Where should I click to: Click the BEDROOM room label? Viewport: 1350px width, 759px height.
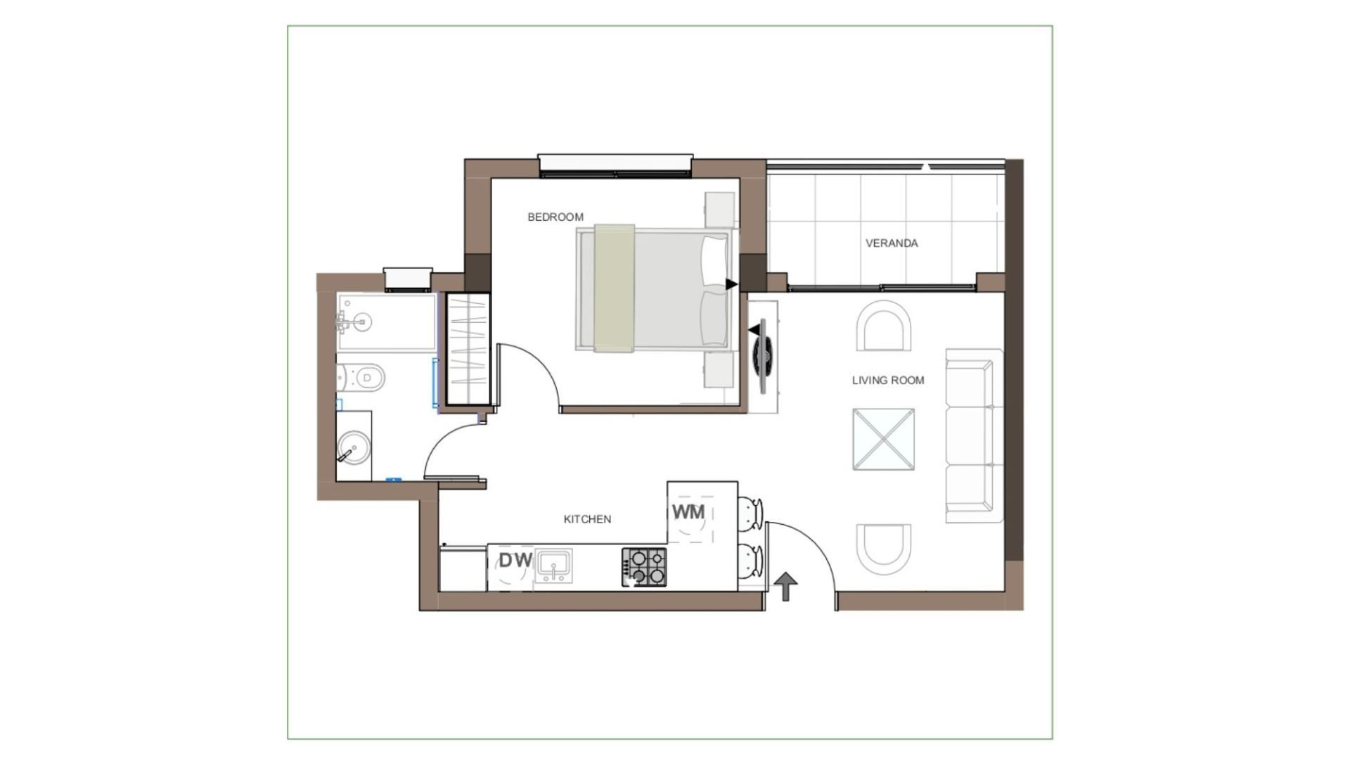[555, 217]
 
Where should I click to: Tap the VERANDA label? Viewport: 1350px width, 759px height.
[892, 243]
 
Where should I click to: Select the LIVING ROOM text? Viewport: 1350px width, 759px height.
[888, 381]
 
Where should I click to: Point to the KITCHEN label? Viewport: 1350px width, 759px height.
[587, 519]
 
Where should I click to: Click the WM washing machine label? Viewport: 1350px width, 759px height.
[688, 512]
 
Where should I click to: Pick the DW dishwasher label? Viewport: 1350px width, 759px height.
[515, 561]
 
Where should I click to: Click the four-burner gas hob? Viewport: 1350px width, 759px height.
[643, 567]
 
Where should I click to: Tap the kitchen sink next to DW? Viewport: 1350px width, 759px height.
[553, 566]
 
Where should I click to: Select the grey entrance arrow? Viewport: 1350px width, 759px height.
[785, 586]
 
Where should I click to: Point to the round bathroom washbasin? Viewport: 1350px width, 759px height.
[354, 447]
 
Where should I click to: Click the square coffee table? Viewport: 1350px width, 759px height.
[884, 440]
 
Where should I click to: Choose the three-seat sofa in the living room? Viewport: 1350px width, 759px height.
[974, 435]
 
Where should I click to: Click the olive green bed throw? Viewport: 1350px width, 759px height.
[615, 288]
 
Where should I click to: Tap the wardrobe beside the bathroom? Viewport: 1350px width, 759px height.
[468, 349]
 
